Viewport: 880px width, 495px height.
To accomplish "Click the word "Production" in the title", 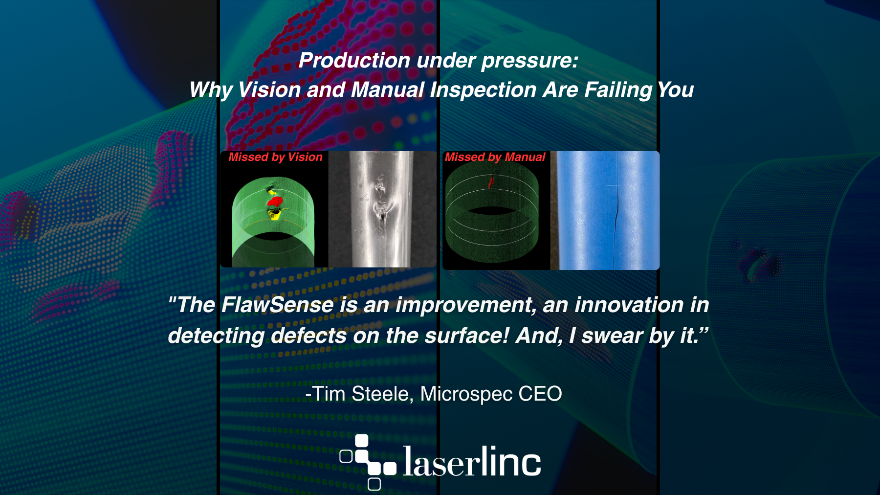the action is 354,61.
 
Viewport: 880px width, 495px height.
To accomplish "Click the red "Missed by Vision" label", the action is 275,157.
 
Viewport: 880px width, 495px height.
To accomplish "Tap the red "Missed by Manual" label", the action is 495,157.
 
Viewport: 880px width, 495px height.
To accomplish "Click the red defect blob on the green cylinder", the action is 275,201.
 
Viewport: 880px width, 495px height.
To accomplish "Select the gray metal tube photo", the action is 382,209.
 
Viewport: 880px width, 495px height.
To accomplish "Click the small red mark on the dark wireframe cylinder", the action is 491,183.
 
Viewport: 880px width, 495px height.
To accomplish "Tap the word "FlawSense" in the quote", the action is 278,305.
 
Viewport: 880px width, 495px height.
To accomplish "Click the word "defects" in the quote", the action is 309,336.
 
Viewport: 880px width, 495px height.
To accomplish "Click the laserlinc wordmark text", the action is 472,461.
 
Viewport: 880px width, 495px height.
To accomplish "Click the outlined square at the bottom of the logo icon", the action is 374,484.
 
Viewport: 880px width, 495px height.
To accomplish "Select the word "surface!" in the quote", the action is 467,336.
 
